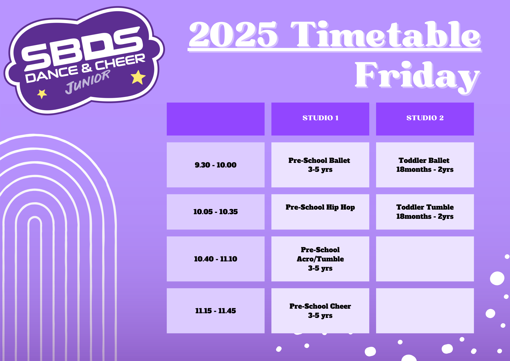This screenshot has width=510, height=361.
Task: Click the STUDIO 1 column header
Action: pos(320,119)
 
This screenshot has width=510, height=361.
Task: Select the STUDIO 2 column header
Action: pos(425,119)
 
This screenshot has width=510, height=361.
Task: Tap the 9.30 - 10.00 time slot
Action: pos(215,165)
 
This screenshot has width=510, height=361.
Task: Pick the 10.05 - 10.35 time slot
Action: pos(215,212)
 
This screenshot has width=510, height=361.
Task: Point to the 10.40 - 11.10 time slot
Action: pos(215,259)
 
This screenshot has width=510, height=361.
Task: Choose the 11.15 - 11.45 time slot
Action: pos(215,311)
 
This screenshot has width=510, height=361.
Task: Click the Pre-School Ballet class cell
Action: pos(320,165)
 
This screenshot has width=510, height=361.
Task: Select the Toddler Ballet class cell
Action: pos(425,165)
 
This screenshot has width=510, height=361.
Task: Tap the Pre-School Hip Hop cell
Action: pos(320,212)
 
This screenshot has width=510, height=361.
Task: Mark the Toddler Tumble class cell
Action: pos(425,212)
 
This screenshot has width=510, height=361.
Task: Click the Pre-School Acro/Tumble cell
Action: pos(320,259)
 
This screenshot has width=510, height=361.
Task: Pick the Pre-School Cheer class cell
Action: pos(320,311)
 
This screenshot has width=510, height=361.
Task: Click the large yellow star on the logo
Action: pos(138,77)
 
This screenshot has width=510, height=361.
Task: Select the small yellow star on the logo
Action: pos(42,94)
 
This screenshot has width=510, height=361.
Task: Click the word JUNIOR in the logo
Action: pos(87,82)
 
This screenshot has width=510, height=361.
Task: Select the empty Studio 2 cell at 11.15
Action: pos(425,311)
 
